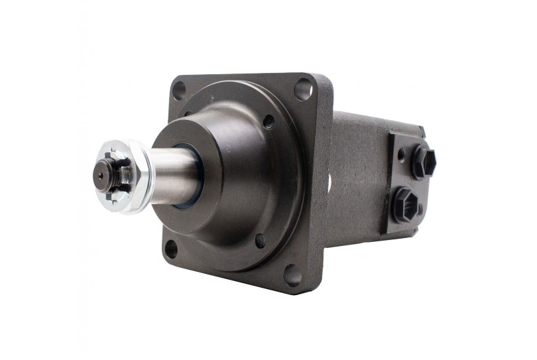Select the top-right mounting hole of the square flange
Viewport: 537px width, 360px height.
click(303, 88)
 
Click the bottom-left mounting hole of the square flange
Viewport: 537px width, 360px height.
click(171, 249)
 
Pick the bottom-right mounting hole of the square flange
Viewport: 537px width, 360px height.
click(292, 274)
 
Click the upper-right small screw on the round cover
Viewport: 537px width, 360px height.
click(268, 121)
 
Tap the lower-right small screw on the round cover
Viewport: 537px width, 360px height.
click(261, 241)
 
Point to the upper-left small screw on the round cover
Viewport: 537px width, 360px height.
click(188, 114)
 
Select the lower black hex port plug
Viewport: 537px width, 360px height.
click(405, 204)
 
